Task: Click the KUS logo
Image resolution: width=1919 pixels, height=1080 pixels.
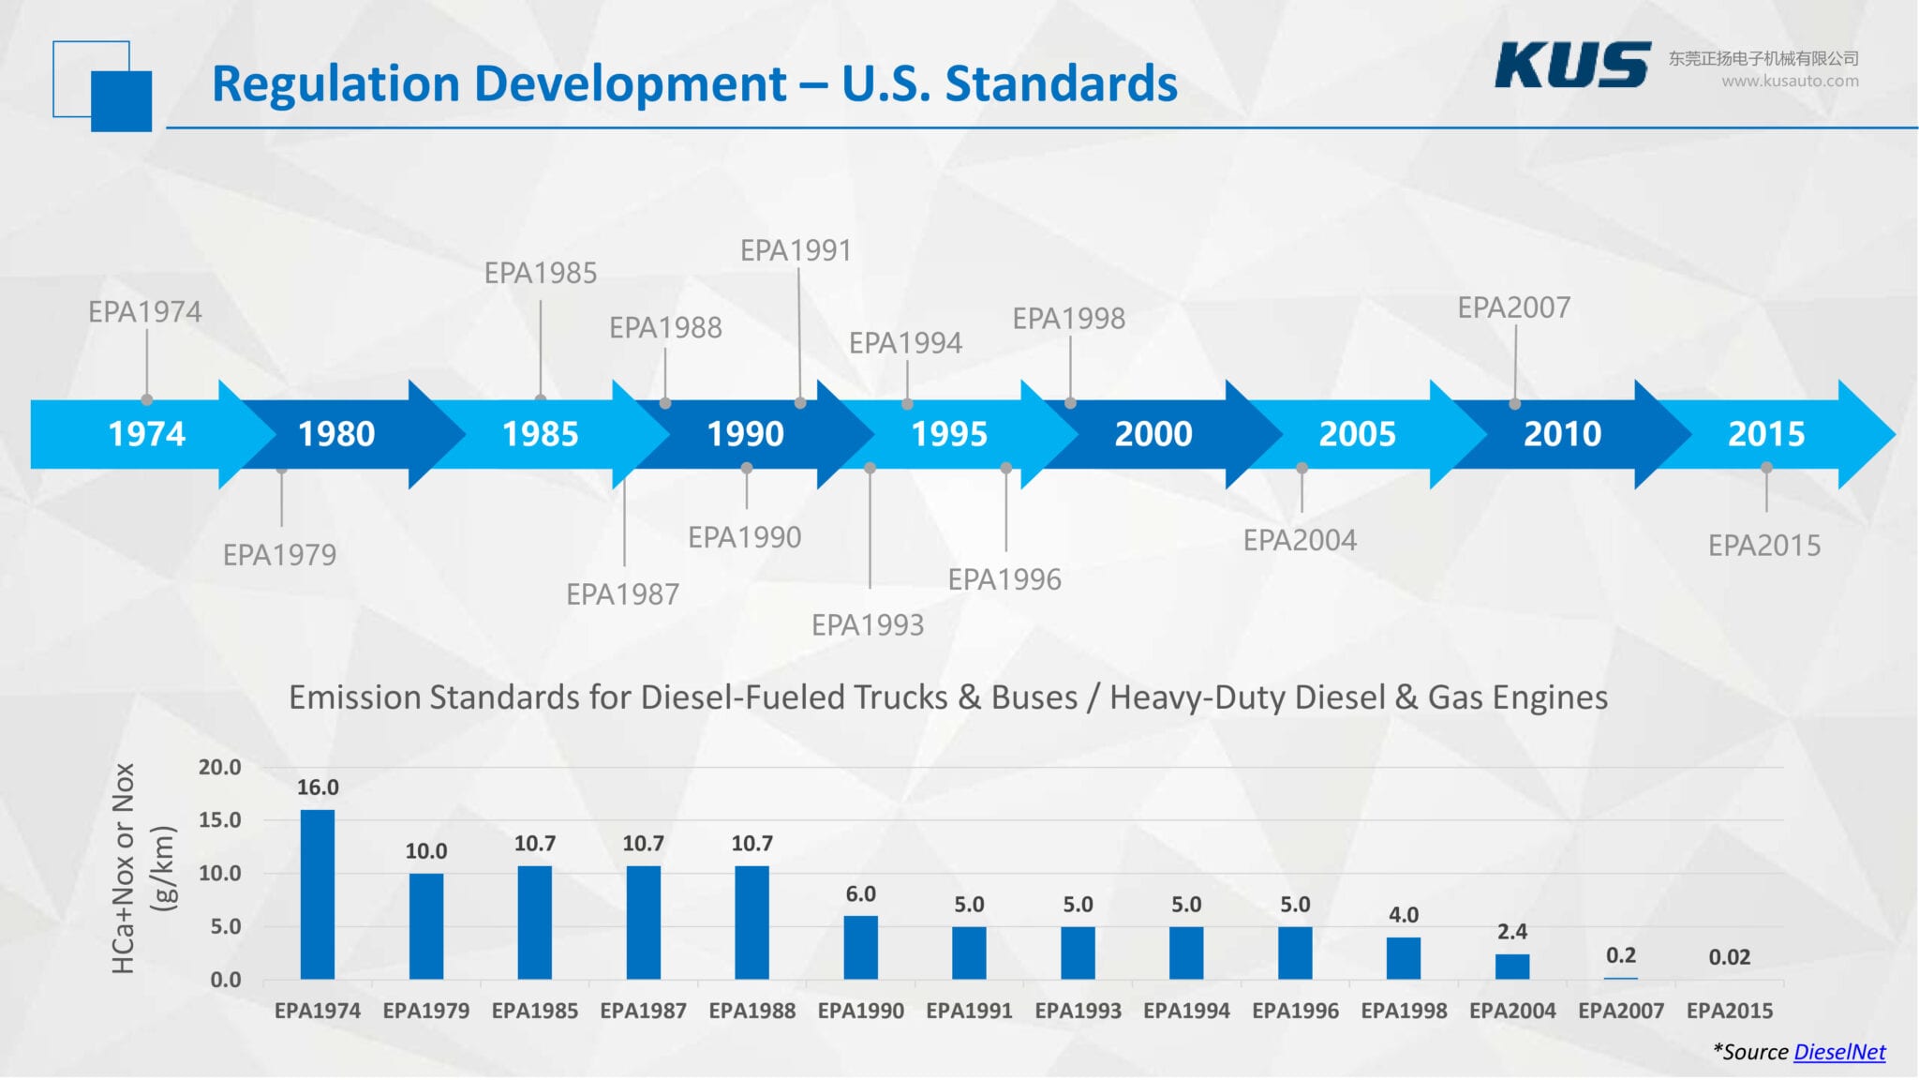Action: coord(1571,66)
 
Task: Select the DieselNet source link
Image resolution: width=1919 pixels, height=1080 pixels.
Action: coord(1838,1052)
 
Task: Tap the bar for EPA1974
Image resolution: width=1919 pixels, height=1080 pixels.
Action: coord(318,894)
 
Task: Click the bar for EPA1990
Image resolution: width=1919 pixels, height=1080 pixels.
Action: coord(860,947)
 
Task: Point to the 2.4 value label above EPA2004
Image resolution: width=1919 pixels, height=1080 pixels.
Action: coord(1511,931)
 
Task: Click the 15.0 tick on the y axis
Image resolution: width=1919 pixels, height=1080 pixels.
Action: coord(219,819)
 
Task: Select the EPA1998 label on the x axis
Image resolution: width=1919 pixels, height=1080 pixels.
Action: coord(1403,1011)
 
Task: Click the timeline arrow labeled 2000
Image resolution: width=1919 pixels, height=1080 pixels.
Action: coord(1153,434)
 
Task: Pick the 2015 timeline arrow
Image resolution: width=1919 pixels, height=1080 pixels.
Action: coord(1766,434)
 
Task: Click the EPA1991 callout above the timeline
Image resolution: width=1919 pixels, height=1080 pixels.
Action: coord(796,250)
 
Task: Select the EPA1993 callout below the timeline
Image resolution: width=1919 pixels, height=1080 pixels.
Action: coord(868,624)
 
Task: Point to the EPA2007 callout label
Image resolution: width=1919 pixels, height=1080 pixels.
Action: coord(1513,307)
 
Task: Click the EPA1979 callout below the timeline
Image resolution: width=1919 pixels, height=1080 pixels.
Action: coord(279,555)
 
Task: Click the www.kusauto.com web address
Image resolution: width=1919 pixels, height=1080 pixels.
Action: coord(1789,81)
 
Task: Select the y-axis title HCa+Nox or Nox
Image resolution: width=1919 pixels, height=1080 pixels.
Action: coord(124,868)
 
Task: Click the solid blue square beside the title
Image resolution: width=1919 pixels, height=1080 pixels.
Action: coord(121,100)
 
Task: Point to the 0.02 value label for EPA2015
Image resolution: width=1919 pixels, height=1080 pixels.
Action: coord(1729,957)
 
